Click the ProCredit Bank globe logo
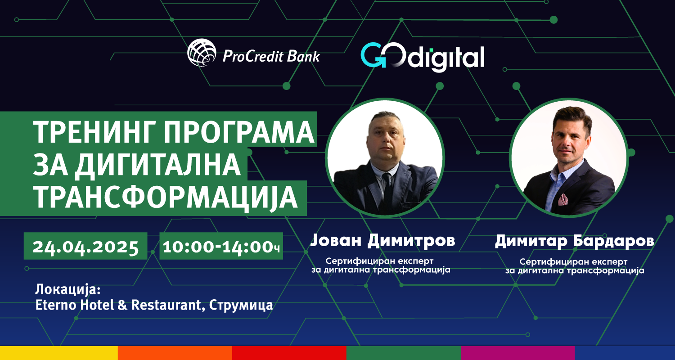(x=202, y=52)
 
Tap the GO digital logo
(x=423, y=57)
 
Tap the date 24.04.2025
(x=85, y=247)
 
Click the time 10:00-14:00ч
(x=221, y=247)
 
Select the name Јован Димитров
(x=382, y=240)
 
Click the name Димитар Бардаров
(x=574, y=241)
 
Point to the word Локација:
(x=68, y=290)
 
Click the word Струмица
(x=241, y=305)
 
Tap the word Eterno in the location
(x=56, y=305)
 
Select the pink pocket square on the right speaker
(x=562, y=199)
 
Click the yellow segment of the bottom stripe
(x=59, y=353)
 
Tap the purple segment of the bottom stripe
(x=517, y=353)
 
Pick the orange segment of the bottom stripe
(x=175, y=353)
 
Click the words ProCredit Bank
(x=271, y=56)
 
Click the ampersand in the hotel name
(x=122, y=305)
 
